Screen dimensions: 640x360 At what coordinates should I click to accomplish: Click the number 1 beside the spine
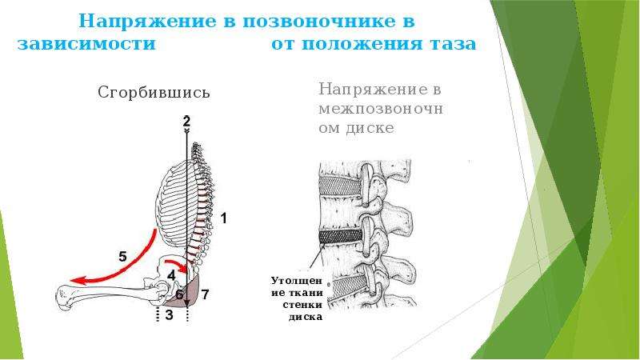click(x=223, y=218)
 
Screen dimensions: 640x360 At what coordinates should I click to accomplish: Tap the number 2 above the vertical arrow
click(x=186, y=122)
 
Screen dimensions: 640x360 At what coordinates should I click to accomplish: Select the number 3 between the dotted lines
click(x=169, y=314)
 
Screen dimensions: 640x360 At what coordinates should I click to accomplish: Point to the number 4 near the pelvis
click(x=171, y=275)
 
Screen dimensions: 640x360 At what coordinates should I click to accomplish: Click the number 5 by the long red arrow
click(x=123, y=257)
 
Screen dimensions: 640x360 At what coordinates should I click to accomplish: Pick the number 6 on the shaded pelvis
click(x=179, y=294)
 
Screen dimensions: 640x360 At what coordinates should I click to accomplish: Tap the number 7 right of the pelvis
click(x=205, y=294)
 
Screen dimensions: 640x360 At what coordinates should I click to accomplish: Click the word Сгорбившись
click(x=154, y=93)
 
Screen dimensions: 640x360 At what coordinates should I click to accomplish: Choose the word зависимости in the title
click(x=86, y=44)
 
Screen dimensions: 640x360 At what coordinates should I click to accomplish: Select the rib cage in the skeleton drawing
click(x=174, y=204)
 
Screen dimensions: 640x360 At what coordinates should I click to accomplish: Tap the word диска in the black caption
click(x=306, y=317)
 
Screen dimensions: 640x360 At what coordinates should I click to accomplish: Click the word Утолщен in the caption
click(x=297, y=281)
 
